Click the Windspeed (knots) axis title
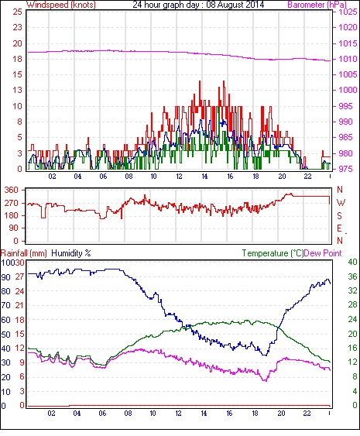61,5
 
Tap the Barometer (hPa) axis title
317,5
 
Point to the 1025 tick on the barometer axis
348,12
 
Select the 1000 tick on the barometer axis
348,90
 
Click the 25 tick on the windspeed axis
18,12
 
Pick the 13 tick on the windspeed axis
18,90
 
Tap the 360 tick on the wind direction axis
12,191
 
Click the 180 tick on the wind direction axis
12,215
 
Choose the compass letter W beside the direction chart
341,202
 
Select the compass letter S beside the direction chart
339,215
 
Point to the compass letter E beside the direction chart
339,228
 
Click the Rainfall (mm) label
24,253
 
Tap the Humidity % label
71,253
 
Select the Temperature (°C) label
273,253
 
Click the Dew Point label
323,253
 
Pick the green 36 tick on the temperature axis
352,276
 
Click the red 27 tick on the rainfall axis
22,276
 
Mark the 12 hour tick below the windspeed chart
179,177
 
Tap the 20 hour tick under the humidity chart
281,414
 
